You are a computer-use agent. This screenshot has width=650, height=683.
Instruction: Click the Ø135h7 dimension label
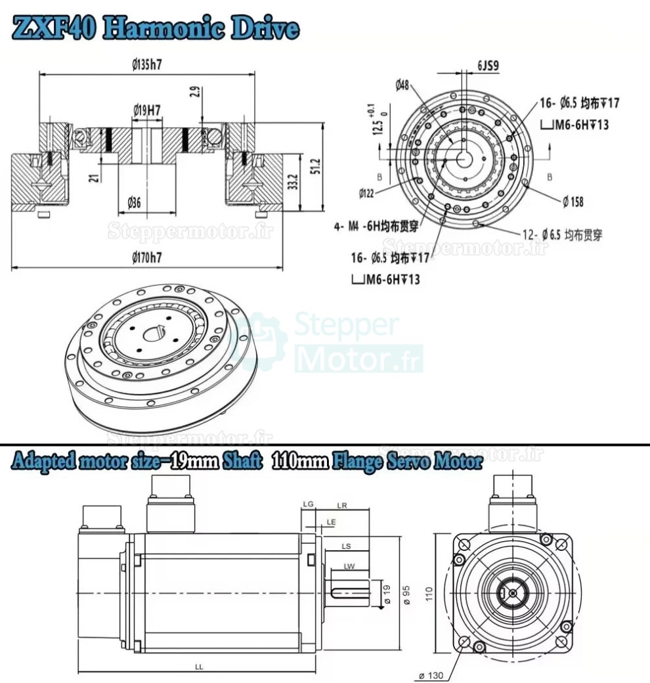pyautogui.click(x=147, y=65)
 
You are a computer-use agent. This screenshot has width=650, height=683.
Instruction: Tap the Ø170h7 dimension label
pyautogui.click(x=147, y=258)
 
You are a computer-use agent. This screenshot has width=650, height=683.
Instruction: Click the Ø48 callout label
pyautogui.click(x=402, y=84)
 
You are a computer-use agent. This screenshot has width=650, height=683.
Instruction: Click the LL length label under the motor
pyautogui.click(x=199, y=666)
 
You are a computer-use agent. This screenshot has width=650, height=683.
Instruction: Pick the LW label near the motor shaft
pyautogui.click(x=349, y=565)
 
